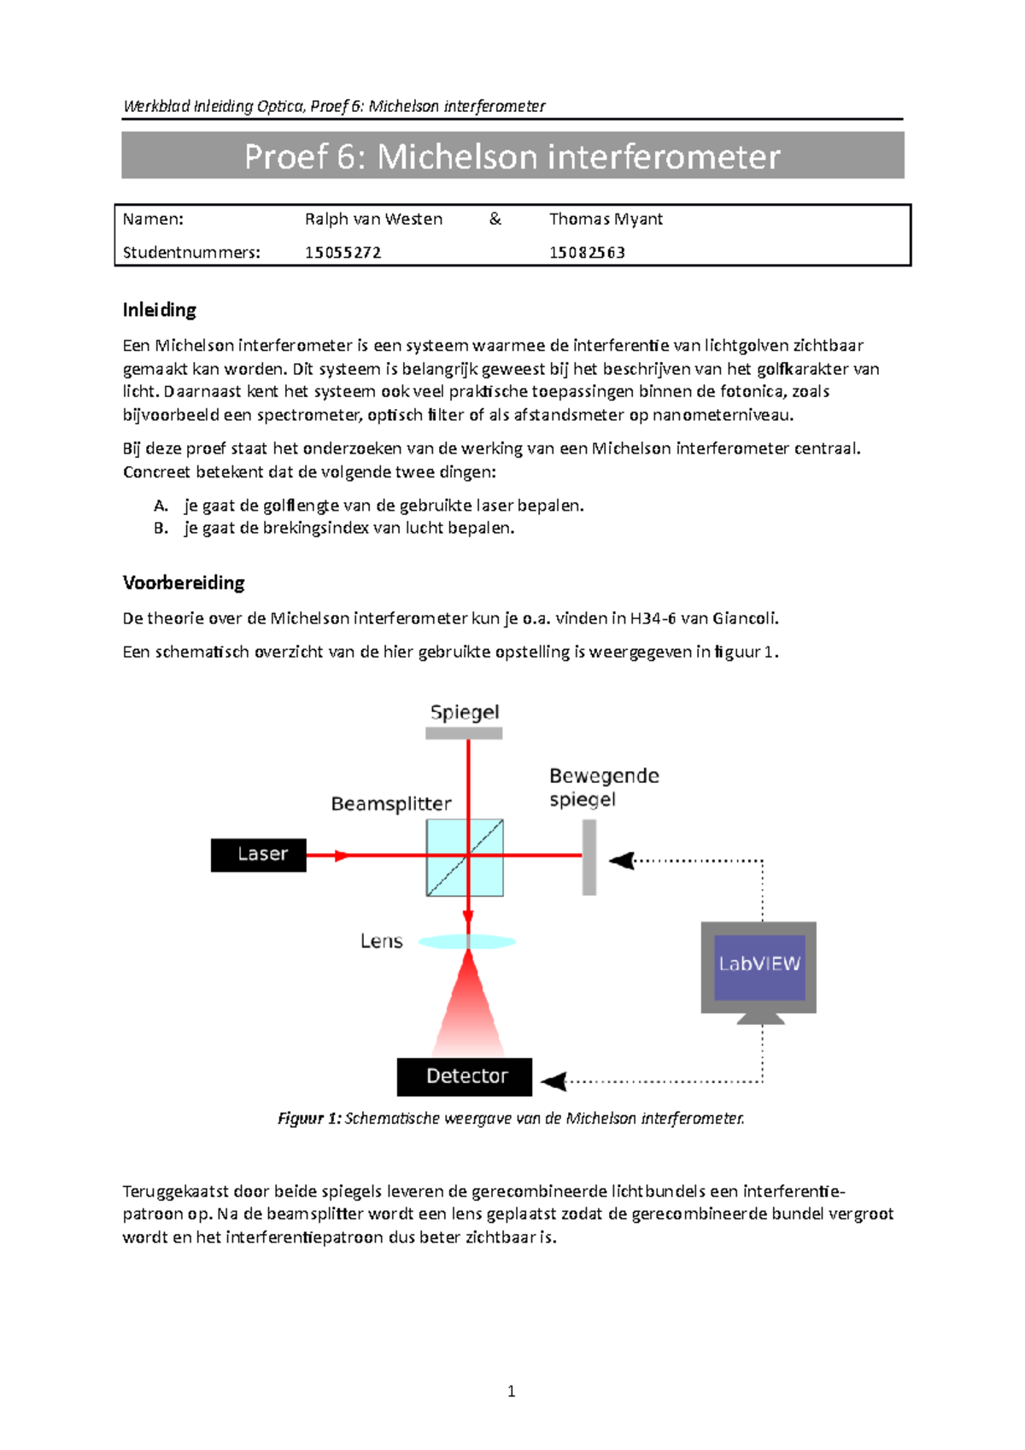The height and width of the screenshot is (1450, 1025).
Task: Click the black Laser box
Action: [258, 855]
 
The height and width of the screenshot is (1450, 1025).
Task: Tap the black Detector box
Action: [465, 1076]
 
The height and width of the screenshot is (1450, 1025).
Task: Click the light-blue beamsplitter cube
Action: [465, 857]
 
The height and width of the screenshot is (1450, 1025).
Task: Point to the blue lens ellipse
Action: [466, 942]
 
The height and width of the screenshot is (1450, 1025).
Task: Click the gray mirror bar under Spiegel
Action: [464, 733]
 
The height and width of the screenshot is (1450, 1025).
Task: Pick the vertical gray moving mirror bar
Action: [589, 857]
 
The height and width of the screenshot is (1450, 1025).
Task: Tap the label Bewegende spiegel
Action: [604, 787]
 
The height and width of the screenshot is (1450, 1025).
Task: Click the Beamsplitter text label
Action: [391, 804]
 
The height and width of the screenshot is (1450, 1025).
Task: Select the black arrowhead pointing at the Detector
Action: [554, 1081]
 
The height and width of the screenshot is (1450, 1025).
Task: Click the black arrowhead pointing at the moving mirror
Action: [622, 860]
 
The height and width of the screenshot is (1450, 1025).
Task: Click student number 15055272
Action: [343, 253]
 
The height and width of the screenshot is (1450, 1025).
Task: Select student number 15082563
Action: [587, 253]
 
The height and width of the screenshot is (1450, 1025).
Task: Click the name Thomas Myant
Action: [606, 219]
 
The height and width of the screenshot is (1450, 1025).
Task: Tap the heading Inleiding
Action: [160, 310]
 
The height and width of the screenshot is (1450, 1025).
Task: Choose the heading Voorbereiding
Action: [184, 583]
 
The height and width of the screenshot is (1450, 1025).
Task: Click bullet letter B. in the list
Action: [161, 529]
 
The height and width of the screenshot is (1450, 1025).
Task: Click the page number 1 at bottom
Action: [511, 1392]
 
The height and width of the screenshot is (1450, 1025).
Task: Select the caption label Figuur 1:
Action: [309, 1119]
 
